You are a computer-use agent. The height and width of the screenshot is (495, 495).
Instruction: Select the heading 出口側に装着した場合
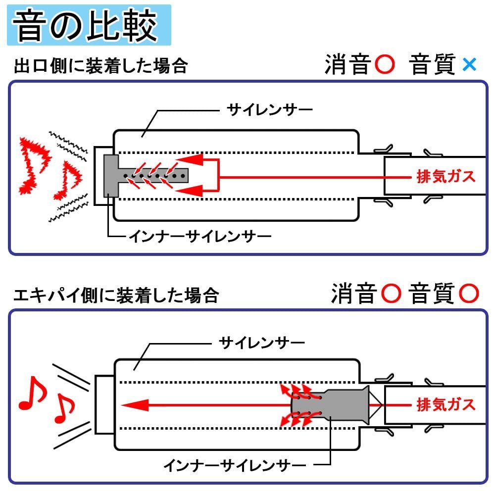click(x=101, y=66)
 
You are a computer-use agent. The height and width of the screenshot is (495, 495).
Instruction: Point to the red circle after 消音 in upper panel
click(x=385, y=65)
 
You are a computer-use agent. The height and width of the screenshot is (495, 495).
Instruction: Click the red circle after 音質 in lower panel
click(x=468, y=294)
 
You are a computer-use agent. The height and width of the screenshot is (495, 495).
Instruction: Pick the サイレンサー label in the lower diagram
click(x=262, y=342)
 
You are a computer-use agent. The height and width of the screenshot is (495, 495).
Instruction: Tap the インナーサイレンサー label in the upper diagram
click(x=200, y=236)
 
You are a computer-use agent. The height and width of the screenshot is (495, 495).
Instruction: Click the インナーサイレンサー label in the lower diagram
click(x=235, y=465)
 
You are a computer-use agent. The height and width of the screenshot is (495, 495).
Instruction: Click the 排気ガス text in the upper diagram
click(x=446, y=176)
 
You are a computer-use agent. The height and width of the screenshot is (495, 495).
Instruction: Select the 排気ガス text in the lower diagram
click(x=446, y=404)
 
